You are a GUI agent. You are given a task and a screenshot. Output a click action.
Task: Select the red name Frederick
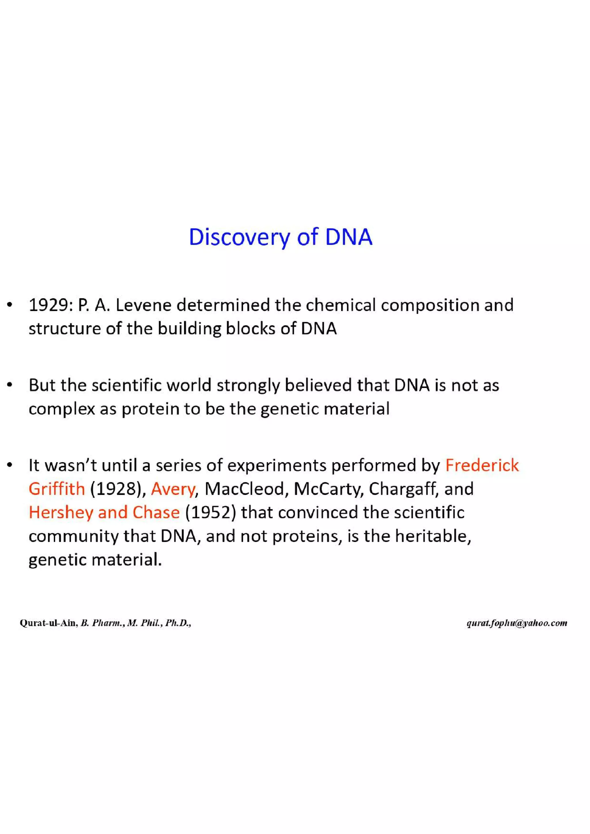coord(482,466)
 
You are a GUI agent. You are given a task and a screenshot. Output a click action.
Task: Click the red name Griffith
coord(57,489)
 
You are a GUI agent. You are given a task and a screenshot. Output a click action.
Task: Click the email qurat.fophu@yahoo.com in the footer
coord(517,623)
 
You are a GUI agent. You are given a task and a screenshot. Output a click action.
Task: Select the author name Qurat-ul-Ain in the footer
coord(48,623)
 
